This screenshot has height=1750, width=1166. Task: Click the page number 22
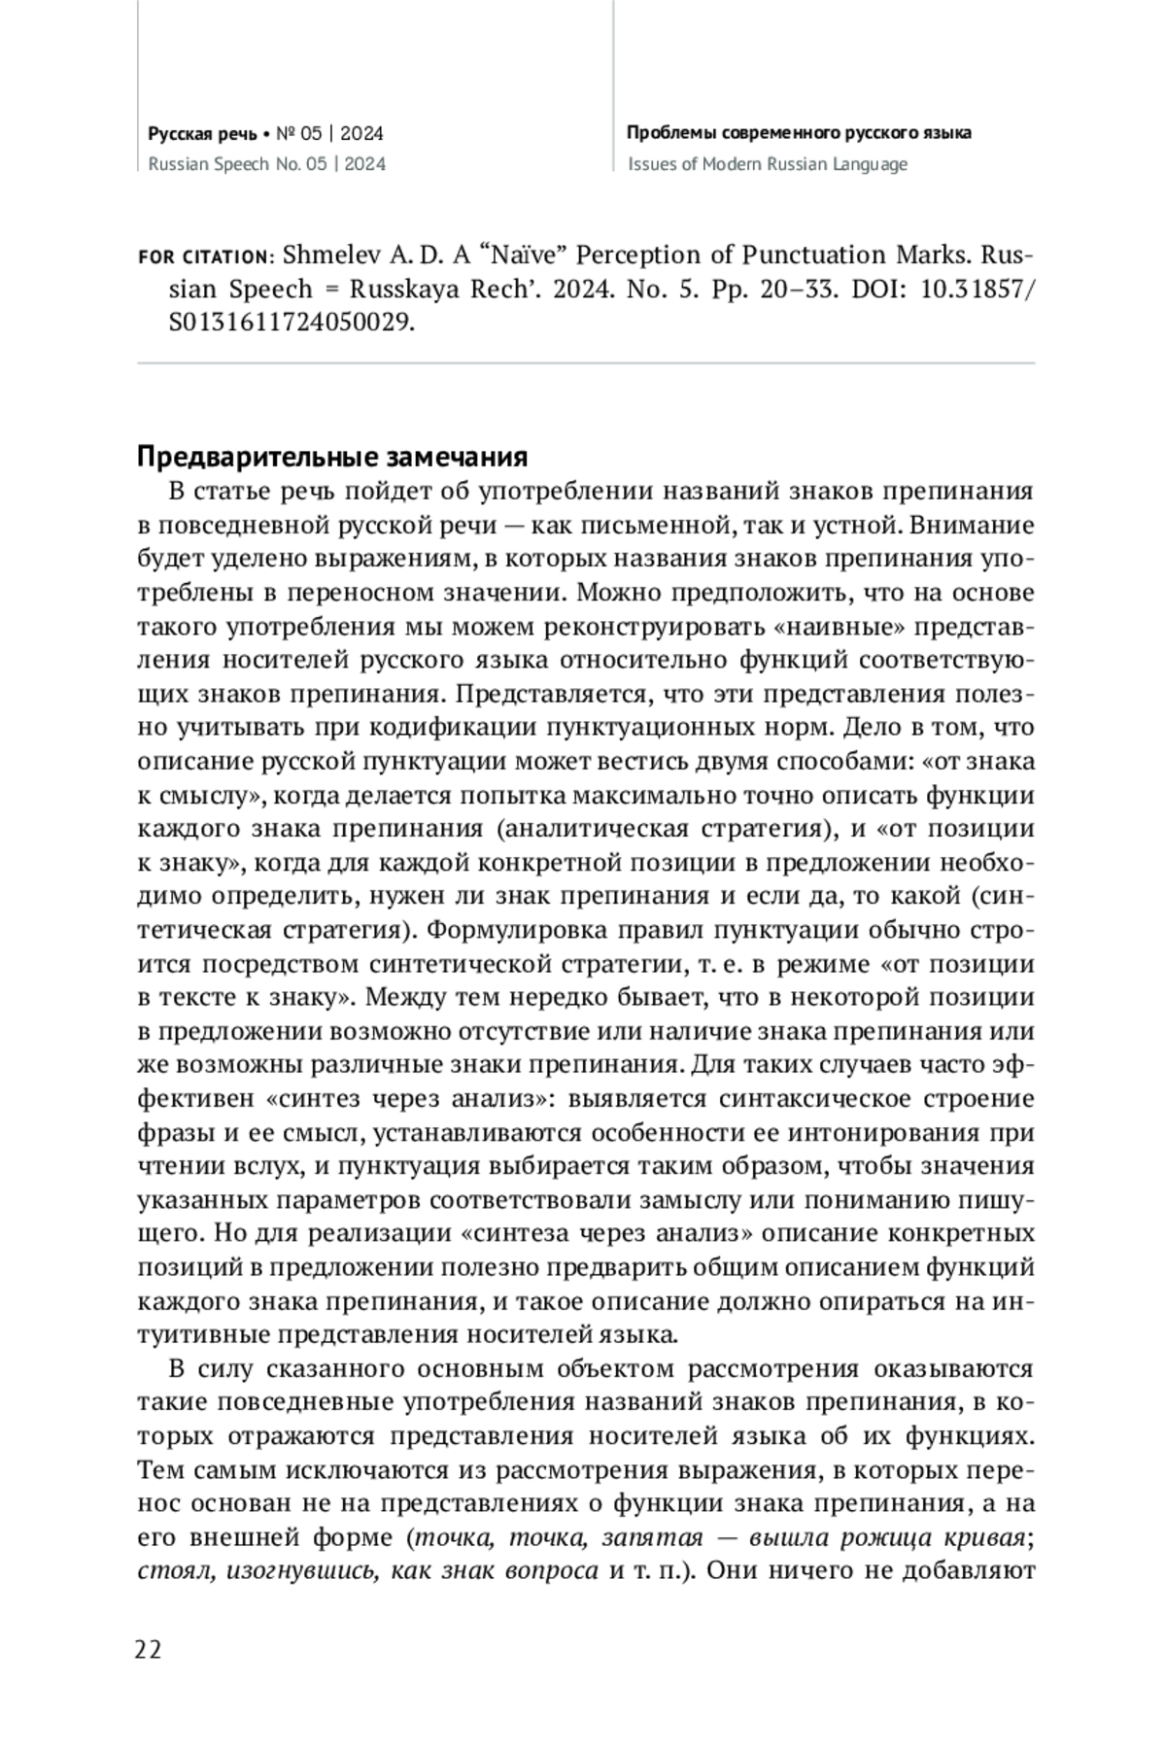click(x=150, y=1649)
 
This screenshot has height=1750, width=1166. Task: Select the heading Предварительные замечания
click(x=332, y=457)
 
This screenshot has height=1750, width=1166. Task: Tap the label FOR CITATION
click(x=205, y=257)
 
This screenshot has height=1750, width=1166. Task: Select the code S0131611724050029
click(x=291, y=323)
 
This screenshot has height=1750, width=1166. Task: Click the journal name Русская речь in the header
click(x=202, y=133)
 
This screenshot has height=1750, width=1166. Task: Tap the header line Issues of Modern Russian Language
click(x=768, y=164)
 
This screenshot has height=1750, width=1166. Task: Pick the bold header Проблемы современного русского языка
click(x=799, y=133)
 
